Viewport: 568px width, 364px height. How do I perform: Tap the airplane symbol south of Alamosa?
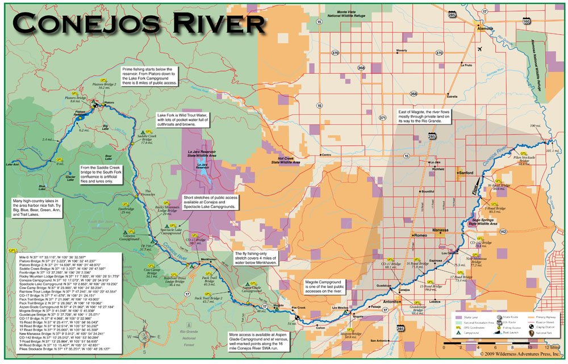pos(481,49)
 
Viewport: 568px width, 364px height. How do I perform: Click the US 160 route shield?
pos(526,22)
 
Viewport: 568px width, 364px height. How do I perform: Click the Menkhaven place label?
pos(208,259)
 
